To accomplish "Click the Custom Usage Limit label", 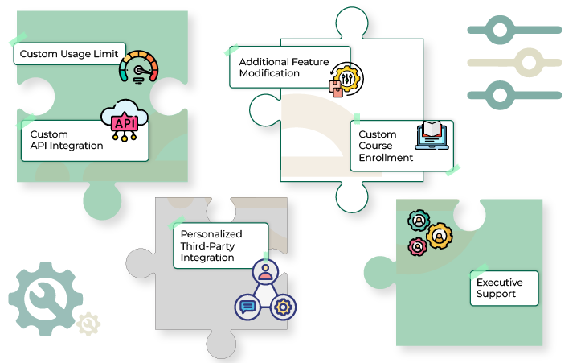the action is coord(69,54).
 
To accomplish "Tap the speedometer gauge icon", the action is coord(138,67).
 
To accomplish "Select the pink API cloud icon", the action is coord(125,120).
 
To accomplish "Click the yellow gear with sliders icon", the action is coord(346,80).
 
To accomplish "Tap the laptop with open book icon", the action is coord(432,135).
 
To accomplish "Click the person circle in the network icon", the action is coord(265,272).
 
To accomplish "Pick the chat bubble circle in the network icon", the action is coord(247,307).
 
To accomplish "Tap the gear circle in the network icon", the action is coord(283,307).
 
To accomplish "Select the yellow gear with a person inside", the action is coord(439,237).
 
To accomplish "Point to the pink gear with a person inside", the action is coord(418,247).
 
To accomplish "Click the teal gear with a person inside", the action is coord(419,221).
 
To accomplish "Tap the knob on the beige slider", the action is coord(529,63).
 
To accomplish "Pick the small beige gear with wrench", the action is coord(88,324).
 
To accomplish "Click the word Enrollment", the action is coord(386,158).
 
